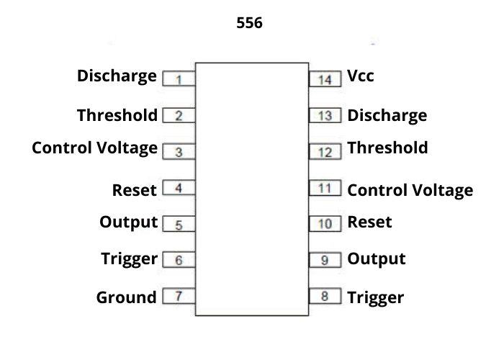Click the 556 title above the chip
250,23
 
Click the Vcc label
361,76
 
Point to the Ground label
126,297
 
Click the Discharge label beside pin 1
117,76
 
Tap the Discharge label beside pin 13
387,115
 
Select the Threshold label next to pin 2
117,115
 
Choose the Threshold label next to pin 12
387,148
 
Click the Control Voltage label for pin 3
94,148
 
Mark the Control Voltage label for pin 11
410,190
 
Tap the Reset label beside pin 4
135,190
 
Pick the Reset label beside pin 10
369,222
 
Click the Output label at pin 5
128,222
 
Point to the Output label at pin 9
377,258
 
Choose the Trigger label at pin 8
375,297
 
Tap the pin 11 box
325,189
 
